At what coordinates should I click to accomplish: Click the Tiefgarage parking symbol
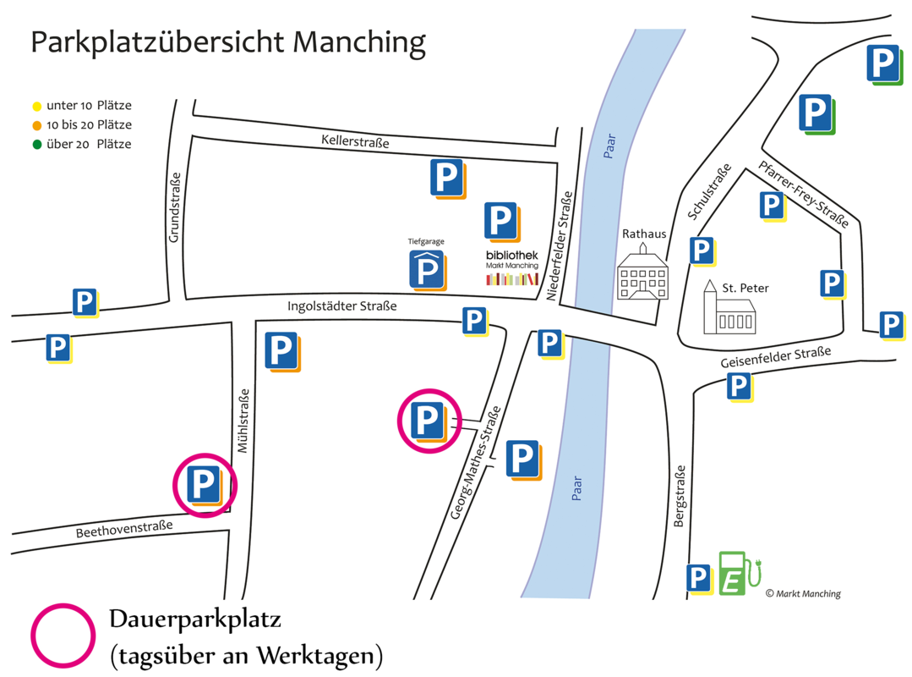click(428, 269)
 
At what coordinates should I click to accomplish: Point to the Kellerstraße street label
click(355, 141)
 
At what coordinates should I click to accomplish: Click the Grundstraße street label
click(174, 208)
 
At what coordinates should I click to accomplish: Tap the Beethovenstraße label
click(123, 529)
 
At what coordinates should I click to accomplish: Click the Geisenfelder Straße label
click(776, 357)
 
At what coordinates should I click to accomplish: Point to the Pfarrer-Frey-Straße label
click(804, 194)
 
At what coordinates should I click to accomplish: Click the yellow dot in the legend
click(36, 107)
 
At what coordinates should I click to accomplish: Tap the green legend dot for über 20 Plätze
click(36, 145)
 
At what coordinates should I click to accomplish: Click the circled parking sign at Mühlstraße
click(204, 485)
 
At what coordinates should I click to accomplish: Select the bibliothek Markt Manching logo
click(511, 267)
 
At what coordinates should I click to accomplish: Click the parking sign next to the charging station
click(698, 579)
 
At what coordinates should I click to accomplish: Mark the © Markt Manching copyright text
click(803, 593)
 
